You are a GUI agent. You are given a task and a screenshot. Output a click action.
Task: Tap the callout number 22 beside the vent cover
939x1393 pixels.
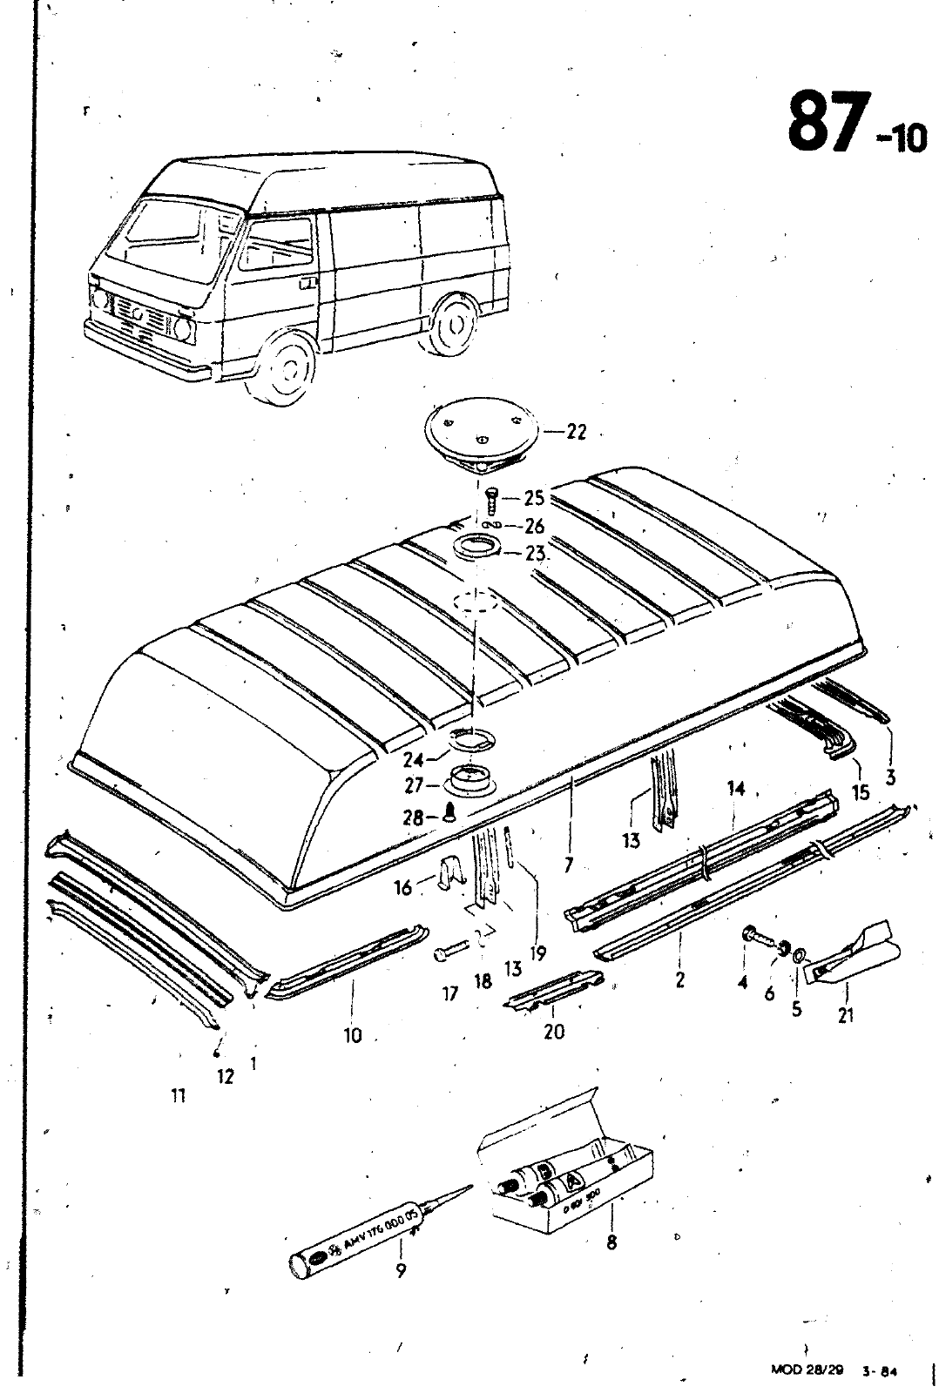pos(576,432)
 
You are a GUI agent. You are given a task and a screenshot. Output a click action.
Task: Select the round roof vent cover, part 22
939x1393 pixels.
pos(478,434)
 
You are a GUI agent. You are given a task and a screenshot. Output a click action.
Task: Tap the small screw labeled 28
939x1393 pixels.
pos(450,814)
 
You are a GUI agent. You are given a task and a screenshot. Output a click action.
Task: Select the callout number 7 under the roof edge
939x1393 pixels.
pos(568,865)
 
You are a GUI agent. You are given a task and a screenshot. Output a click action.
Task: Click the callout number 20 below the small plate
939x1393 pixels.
pos(553,1032)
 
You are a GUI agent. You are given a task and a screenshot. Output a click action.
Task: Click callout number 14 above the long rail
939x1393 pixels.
pos(737,789)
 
